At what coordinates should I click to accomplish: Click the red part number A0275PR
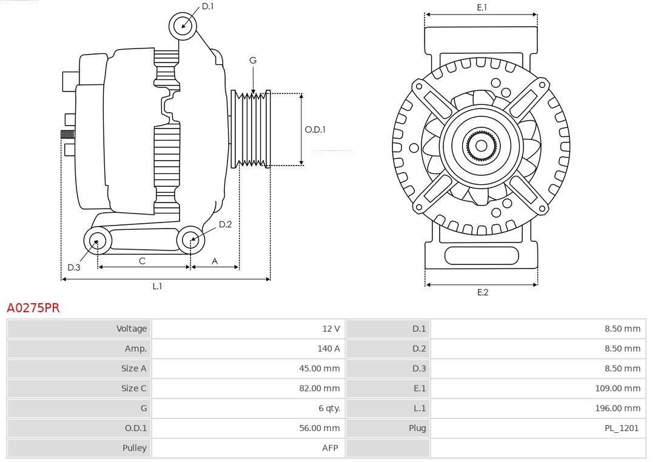(x=33, y=308)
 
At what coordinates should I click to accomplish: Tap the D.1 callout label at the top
(x=208, y=6)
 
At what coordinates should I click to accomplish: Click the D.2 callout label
(x=225, y=224)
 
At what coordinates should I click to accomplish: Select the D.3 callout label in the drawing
(x=74, y=267)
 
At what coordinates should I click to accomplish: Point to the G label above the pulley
(x=253, y=60)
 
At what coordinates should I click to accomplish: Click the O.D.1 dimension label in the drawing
(x=315, y=129)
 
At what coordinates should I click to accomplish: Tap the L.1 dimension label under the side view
(x=157, y=286)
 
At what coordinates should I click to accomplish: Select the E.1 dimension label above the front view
(x=482, y=7)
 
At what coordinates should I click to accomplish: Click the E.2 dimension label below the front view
(x=482, y=292)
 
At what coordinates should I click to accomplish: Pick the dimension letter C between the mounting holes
(x=142, y=261)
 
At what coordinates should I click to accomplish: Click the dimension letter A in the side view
(x=215, y=261)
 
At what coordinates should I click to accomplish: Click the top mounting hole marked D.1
(x=183, y=25)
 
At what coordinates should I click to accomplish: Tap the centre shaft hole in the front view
(x=481, y=146)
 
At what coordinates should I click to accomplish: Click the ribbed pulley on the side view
(x=251, y=129)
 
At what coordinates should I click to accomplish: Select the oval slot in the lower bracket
(x=482, y=256)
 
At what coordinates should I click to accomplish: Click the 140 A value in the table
(x=329, y=349)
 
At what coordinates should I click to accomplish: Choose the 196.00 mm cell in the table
(x=617, y=409)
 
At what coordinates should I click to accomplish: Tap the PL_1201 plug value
(x=621, y=428)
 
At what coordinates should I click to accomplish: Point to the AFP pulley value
(x=330, y=448)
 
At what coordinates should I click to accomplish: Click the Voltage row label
(x=132, y=329)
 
